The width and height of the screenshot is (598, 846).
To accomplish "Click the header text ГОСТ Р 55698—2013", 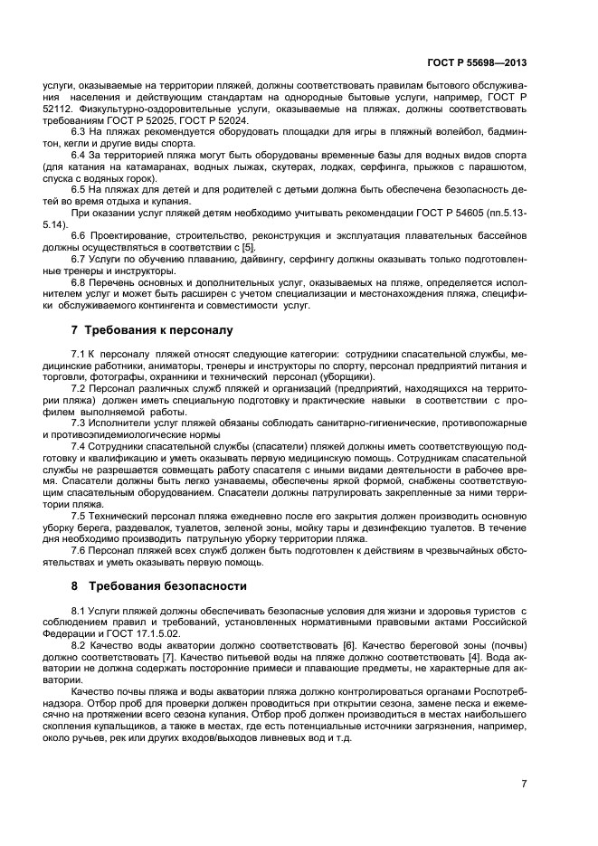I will coord(477,64).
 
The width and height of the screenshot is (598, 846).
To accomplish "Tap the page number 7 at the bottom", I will coord(524,783).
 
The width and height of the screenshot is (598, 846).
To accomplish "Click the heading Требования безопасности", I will coord(158,585).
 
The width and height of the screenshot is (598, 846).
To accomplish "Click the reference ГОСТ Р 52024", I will coord(217,121).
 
